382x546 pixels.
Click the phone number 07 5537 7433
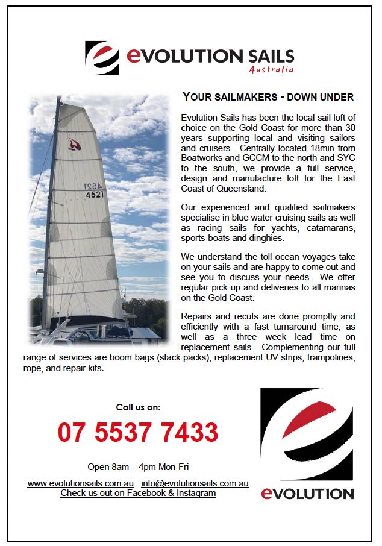tap(138, 432)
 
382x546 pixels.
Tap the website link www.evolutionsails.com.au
tap(80, 483)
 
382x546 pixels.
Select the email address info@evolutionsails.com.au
tap(195, 483)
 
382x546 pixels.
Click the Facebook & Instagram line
tap(138, 493)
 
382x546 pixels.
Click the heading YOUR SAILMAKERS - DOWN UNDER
tap(268, 97)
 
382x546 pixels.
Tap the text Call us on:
tap(138, 407)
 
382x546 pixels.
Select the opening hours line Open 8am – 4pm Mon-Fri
tap(138, 467)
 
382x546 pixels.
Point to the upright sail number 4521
tap(95, 195)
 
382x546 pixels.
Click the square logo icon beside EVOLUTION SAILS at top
tap(102, 57)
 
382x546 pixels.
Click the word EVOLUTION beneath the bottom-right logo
tap(307, 494)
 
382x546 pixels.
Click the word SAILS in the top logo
tap(270, 57)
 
